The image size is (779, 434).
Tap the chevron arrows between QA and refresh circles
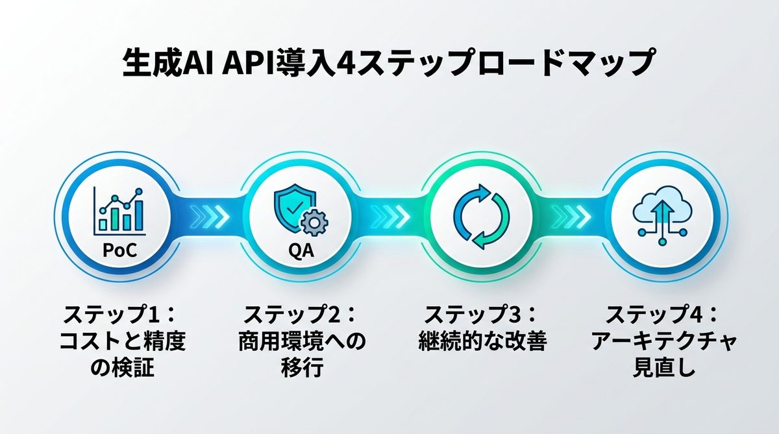click(391, 215)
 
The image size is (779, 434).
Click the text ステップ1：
click(120, 316)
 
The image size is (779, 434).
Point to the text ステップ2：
click(301, 316)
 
